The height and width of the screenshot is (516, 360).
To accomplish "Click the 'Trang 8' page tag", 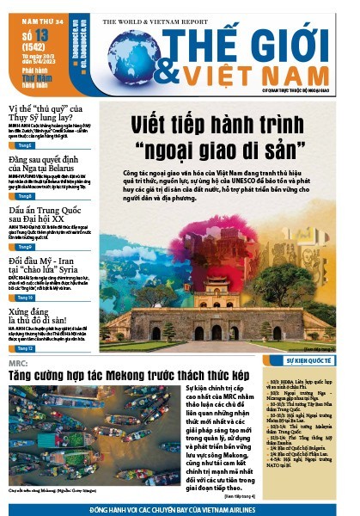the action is coord(23,195).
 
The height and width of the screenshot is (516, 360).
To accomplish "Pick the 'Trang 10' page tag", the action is coord(24,297).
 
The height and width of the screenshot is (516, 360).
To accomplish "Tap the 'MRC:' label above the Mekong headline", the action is coord(18,364).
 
